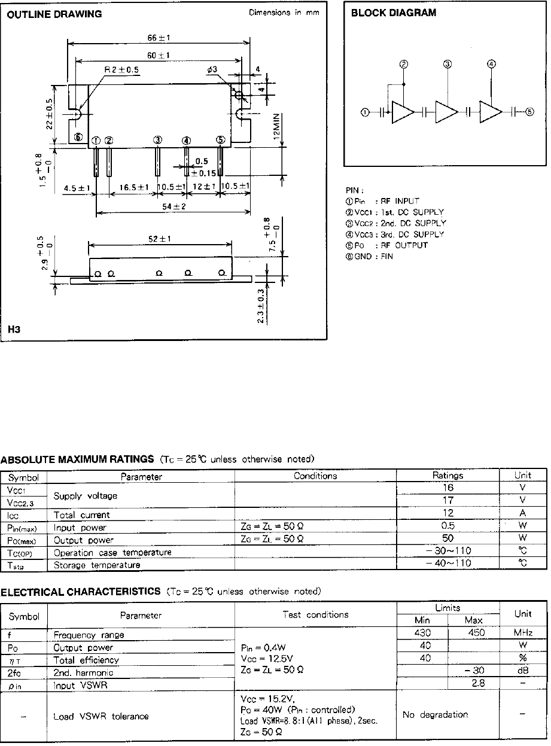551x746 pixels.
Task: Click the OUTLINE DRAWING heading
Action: pos(54,14)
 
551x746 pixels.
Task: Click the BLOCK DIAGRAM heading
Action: pos(393,13)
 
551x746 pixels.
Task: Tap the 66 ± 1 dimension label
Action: pos(159,37)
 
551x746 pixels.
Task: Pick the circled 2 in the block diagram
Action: pos(404,64)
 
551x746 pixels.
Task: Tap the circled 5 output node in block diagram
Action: pos(529,112)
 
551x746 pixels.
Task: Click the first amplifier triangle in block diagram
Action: pos(402,112)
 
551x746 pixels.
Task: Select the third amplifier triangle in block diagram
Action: pos(490,112)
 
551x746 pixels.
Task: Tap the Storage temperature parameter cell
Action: pos(97,564)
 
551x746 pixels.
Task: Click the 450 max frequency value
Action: pos(473,633)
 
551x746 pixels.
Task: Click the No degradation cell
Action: pos(435,714)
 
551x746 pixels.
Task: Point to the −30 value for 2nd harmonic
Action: pos(473,671)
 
